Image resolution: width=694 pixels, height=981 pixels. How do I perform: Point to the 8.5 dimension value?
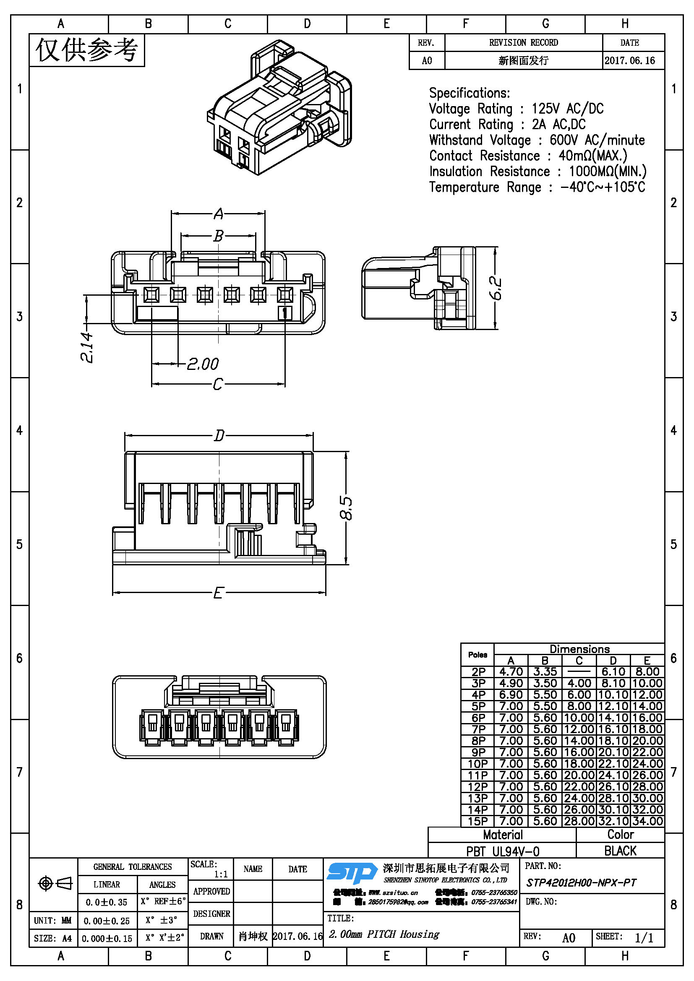[346, 508]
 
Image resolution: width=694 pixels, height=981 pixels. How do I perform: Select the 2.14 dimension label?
[87, 347]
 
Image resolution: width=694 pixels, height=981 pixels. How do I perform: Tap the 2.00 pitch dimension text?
[203, 364]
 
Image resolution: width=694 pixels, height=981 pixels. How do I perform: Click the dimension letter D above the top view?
[219, 436]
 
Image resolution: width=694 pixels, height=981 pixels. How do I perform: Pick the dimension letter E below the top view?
[218, 593]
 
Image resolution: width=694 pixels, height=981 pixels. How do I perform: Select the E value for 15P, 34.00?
[647, 821]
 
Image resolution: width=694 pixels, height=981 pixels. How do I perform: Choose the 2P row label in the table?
[478, 671]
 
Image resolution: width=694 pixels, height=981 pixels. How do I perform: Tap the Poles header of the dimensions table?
[477, 655]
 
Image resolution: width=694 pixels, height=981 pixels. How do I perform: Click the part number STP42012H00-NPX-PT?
[581, 883]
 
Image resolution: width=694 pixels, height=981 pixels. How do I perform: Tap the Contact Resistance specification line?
[528, 156]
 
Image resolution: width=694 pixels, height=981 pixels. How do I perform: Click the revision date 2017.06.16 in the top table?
[629, 61]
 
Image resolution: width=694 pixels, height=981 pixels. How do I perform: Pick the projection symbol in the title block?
[55, 883]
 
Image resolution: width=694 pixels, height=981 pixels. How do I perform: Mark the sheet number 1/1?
[644, 938]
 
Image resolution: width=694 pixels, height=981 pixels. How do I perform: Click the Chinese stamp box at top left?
[87, 50]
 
